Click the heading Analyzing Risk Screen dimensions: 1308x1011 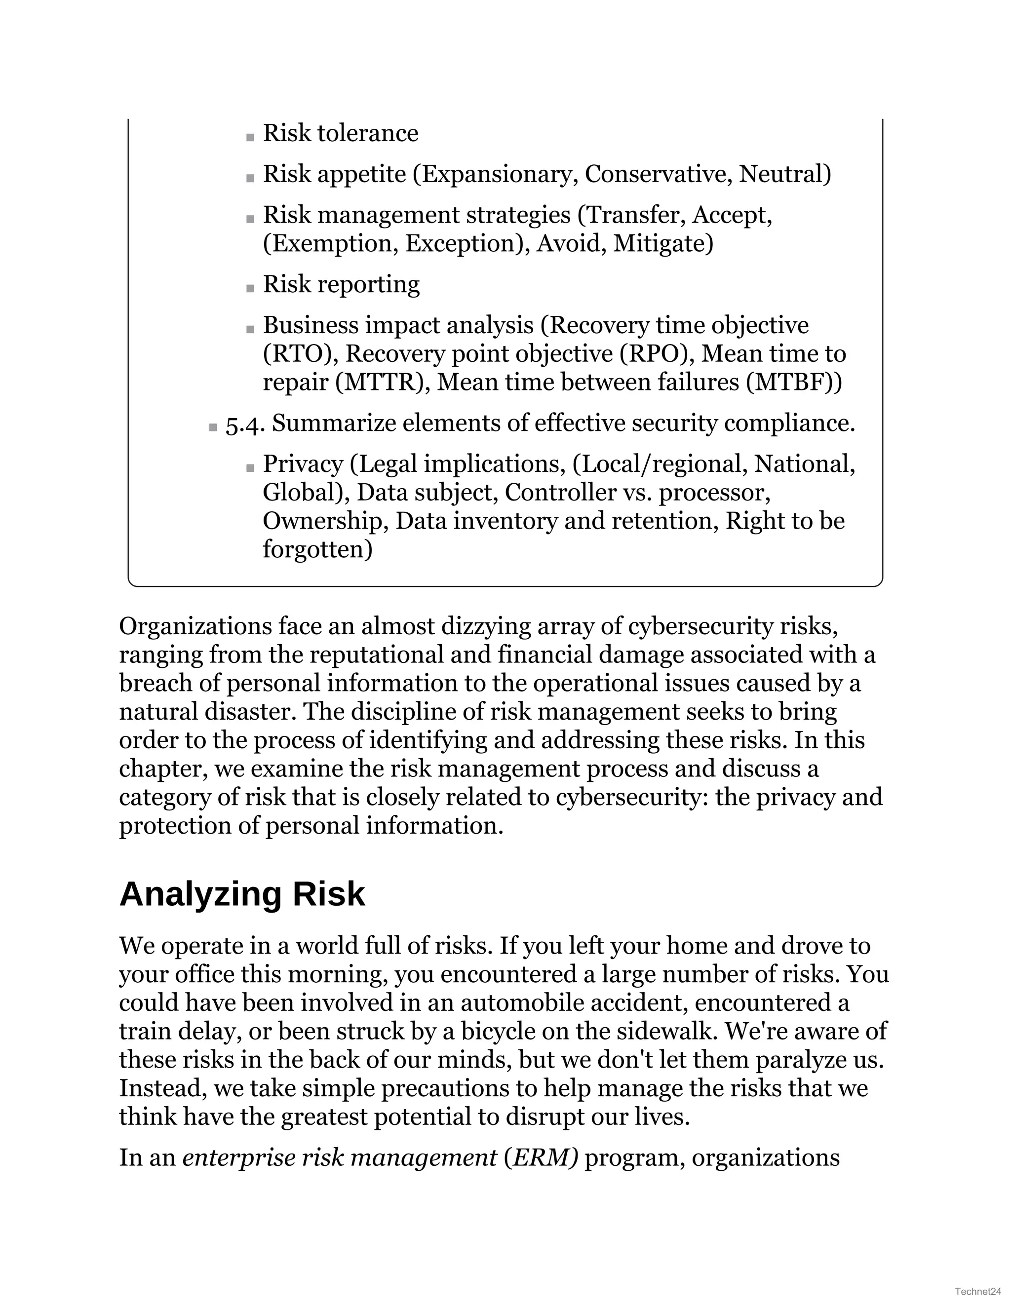pos(242,895)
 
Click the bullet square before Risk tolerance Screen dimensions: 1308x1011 pos(250,138)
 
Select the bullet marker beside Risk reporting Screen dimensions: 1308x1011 pos(250,289)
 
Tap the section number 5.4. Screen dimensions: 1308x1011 pos(244,424)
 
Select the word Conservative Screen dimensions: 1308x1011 pos(658,174)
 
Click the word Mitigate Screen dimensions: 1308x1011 pos(663,244)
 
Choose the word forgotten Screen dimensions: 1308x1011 pos(317,549)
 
